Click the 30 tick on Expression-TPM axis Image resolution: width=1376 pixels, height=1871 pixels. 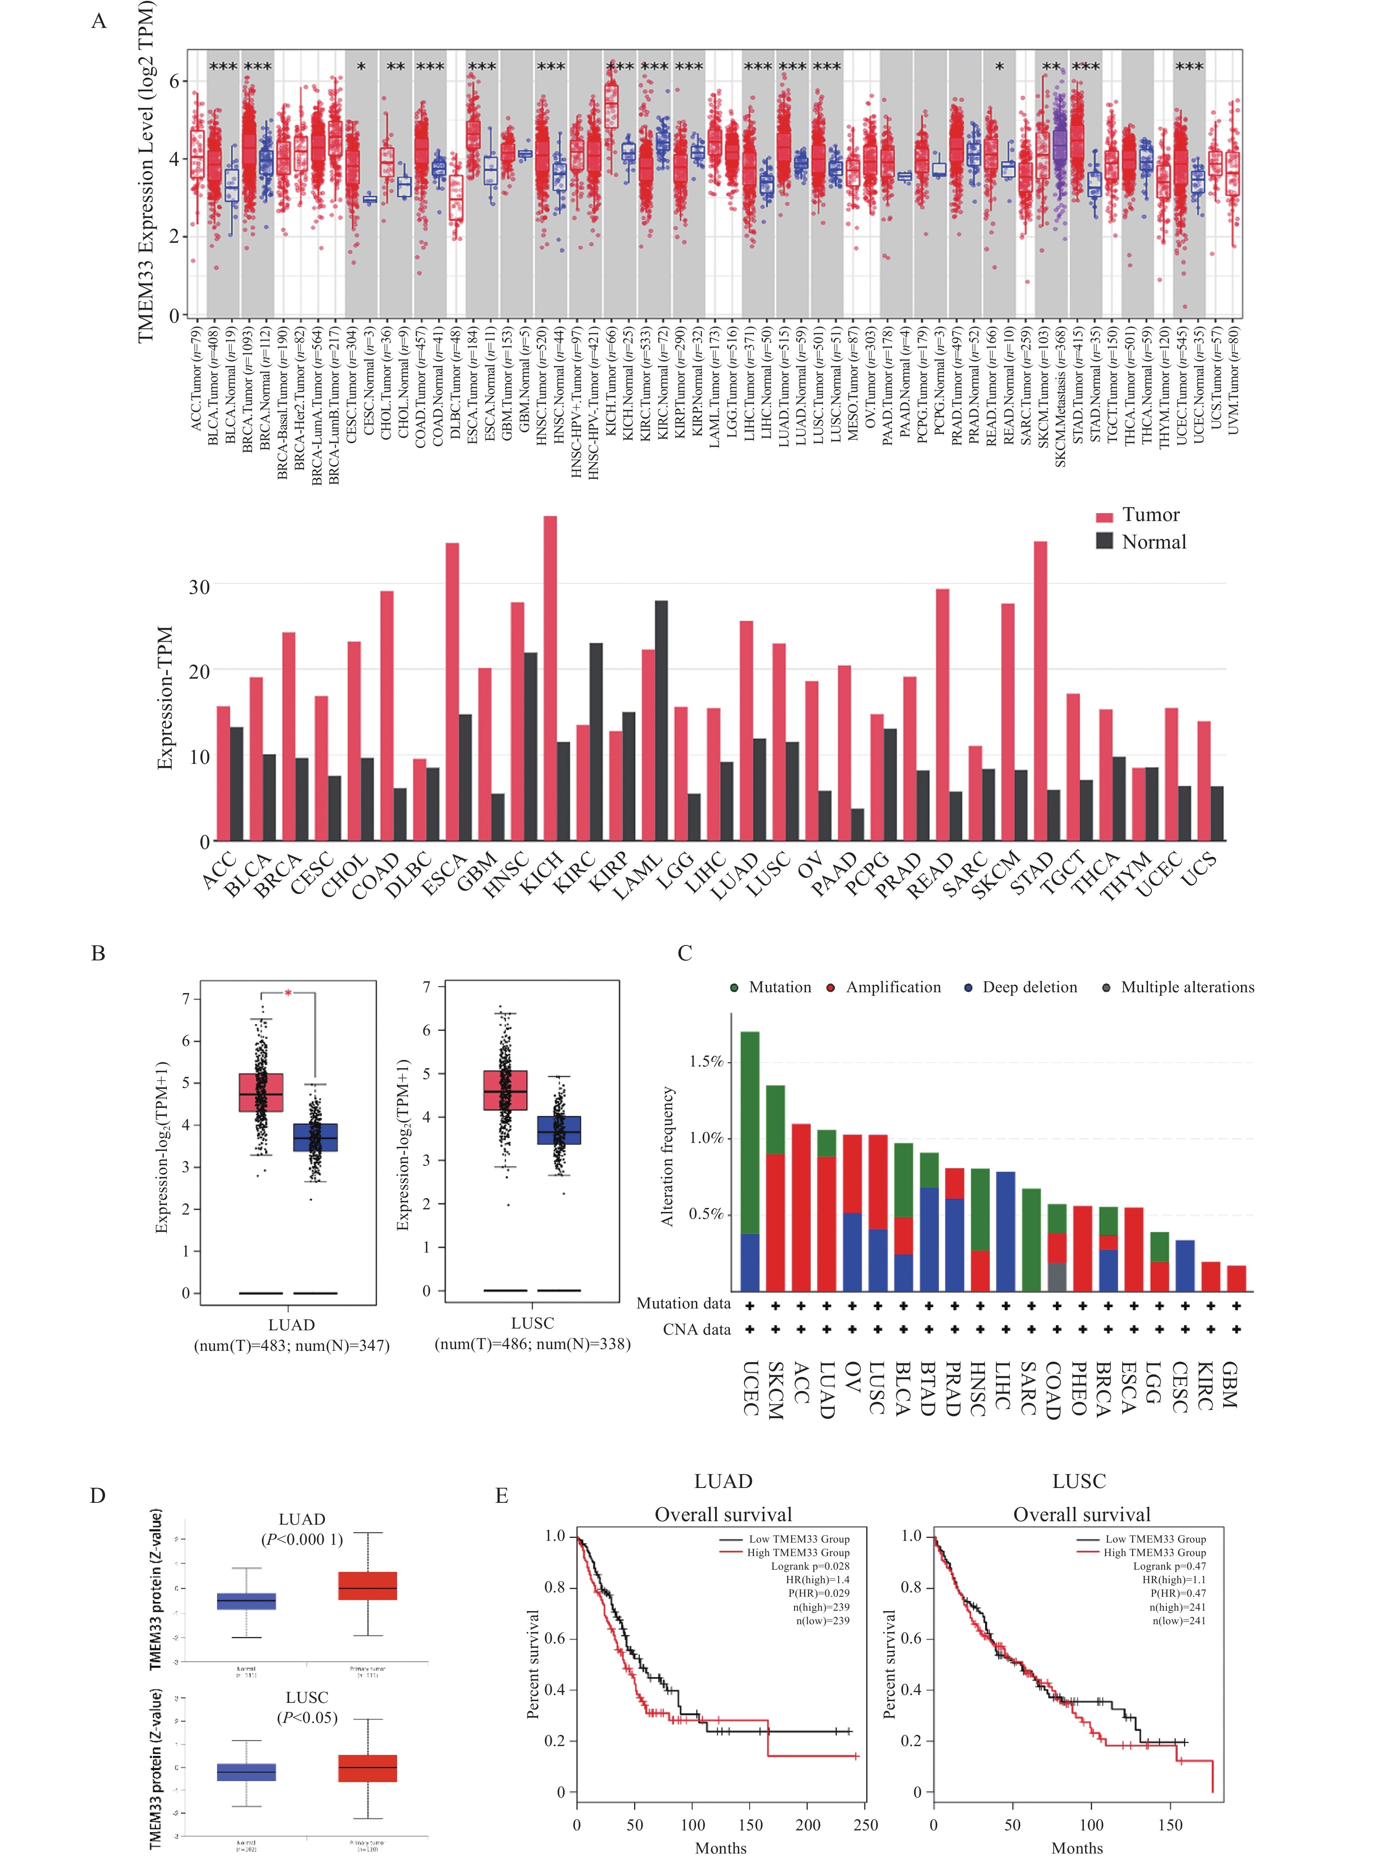198,587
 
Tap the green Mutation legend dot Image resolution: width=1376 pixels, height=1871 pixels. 734,987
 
